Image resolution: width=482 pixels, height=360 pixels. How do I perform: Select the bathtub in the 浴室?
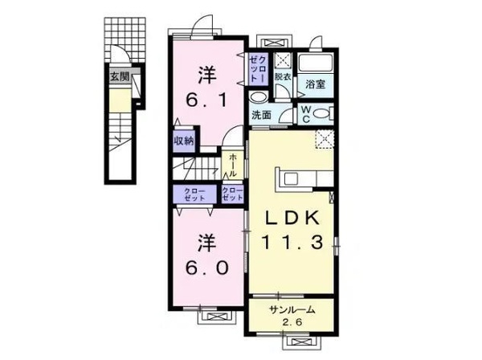coord(316,63)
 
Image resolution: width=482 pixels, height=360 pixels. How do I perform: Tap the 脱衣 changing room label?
coord(283,78)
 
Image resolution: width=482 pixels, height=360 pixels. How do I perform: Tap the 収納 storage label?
coord(183,140)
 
